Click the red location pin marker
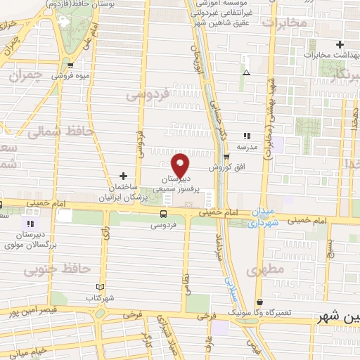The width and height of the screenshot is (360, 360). pos(181,165)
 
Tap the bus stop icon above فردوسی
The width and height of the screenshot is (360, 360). pos(164,214)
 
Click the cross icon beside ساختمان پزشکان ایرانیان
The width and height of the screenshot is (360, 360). pos(124,175)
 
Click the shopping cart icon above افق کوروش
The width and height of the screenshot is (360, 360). pos(225,157)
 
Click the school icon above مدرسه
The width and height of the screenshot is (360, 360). pos(246,136)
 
